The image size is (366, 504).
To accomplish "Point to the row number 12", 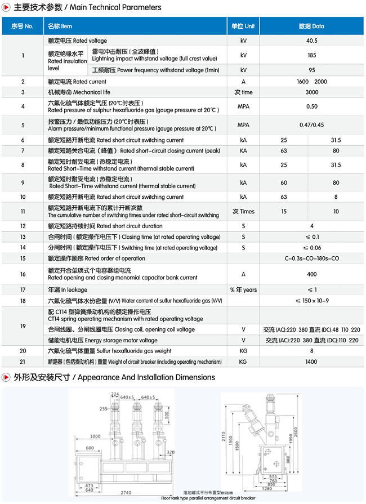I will (23, 225).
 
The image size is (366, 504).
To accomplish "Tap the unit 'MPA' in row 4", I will (243, 106).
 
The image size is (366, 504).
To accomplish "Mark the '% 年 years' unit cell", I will (243, 289).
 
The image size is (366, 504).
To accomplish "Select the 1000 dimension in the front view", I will (94, 436).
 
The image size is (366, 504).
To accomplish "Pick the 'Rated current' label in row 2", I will (77, 82).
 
